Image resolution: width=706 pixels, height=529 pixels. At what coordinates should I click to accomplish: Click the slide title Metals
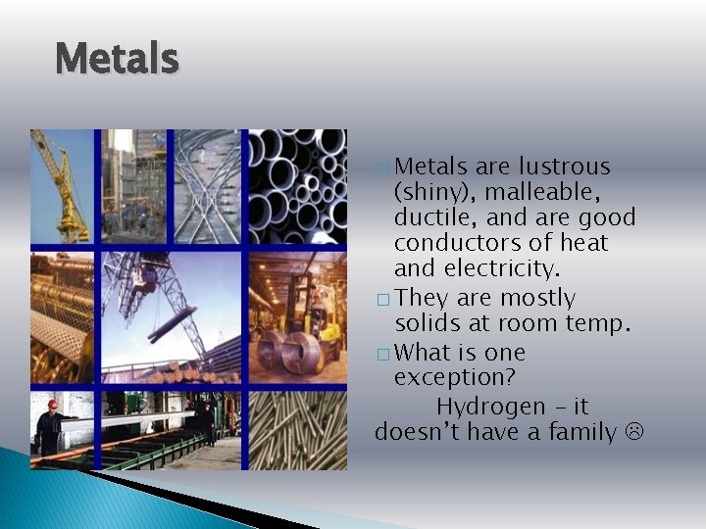coord(118,59)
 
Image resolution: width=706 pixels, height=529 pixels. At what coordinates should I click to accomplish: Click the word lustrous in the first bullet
coord(564,167)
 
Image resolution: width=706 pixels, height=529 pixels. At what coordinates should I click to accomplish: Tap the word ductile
coord(429,217)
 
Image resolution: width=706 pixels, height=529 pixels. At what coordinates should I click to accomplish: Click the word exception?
coord(454,378)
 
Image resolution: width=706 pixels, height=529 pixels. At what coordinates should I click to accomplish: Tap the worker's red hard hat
coord(52,404)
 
